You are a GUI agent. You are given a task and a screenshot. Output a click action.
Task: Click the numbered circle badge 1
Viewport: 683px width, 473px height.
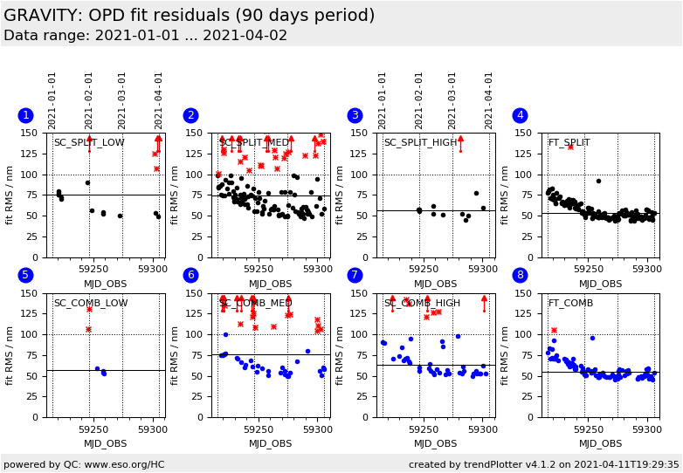[x=25, y=115]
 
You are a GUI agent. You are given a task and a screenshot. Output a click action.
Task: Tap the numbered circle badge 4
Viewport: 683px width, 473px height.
[x=520, y=115]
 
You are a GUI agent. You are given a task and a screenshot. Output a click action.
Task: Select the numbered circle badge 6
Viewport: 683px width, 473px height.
[x=190, y=275]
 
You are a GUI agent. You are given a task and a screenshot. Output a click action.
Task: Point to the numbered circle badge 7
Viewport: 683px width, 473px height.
[x=355, y=275]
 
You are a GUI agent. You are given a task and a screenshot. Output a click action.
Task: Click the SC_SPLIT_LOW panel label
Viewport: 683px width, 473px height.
[x=89, y=142]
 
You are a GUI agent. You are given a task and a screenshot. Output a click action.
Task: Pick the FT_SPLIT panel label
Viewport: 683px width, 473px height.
[x=569, y=142]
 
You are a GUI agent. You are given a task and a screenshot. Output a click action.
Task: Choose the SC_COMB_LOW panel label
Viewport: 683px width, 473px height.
[x=91, y=303]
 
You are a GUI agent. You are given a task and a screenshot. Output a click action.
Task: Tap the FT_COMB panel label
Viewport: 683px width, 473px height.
[x=570, y=303]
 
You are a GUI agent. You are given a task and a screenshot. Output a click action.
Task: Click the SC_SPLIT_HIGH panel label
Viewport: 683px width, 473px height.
[x=421, y=142]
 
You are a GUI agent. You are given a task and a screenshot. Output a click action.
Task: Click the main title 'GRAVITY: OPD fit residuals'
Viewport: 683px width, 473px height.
[x=189, y=16]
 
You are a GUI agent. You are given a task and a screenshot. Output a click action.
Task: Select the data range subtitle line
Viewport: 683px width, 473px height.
[x=145, y=36]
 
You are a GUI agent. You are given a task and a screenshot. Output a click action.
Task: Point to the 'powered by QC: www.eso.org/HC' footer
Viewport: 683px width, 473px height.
[x=84, y=464]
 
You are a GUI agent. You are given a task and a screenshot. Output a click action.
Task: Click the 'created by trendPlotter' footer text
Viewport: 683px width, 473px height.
[x=543, y=464]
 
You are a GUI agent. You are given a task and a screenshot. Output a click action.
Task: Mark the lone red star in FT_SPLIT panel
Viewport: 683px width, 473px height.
[x=570, y=147]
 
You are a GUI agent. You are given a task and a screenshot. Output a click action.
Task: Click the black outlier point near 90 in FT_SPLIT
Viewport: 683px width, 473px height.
[x=598, y=182]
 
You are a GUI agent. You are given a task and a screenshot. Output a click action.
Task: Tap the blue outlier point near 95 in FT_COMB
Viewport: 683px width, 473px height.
[x=592, y=338]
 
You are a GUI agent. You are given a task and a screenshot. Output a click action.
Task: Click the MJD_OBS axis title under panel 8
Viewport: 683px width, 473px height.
[x=600, y=443]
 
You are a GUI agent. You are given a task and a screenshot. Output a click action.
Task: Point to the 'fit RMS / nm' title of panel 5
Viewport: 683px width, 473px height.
[x=10, y=355]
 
